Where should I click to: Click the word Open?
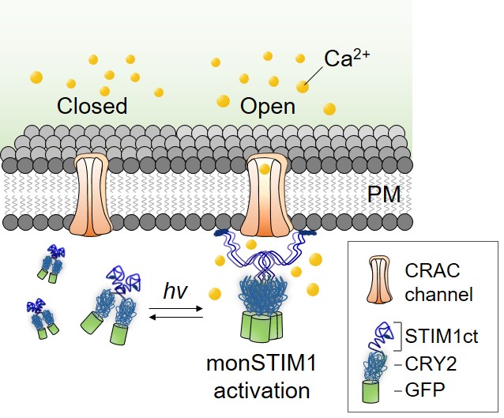(x=268, y=106)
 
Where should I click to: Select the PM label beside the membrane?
(x=389, y=194)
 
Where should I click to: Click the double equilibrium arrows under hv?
(x=175, y=315)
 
